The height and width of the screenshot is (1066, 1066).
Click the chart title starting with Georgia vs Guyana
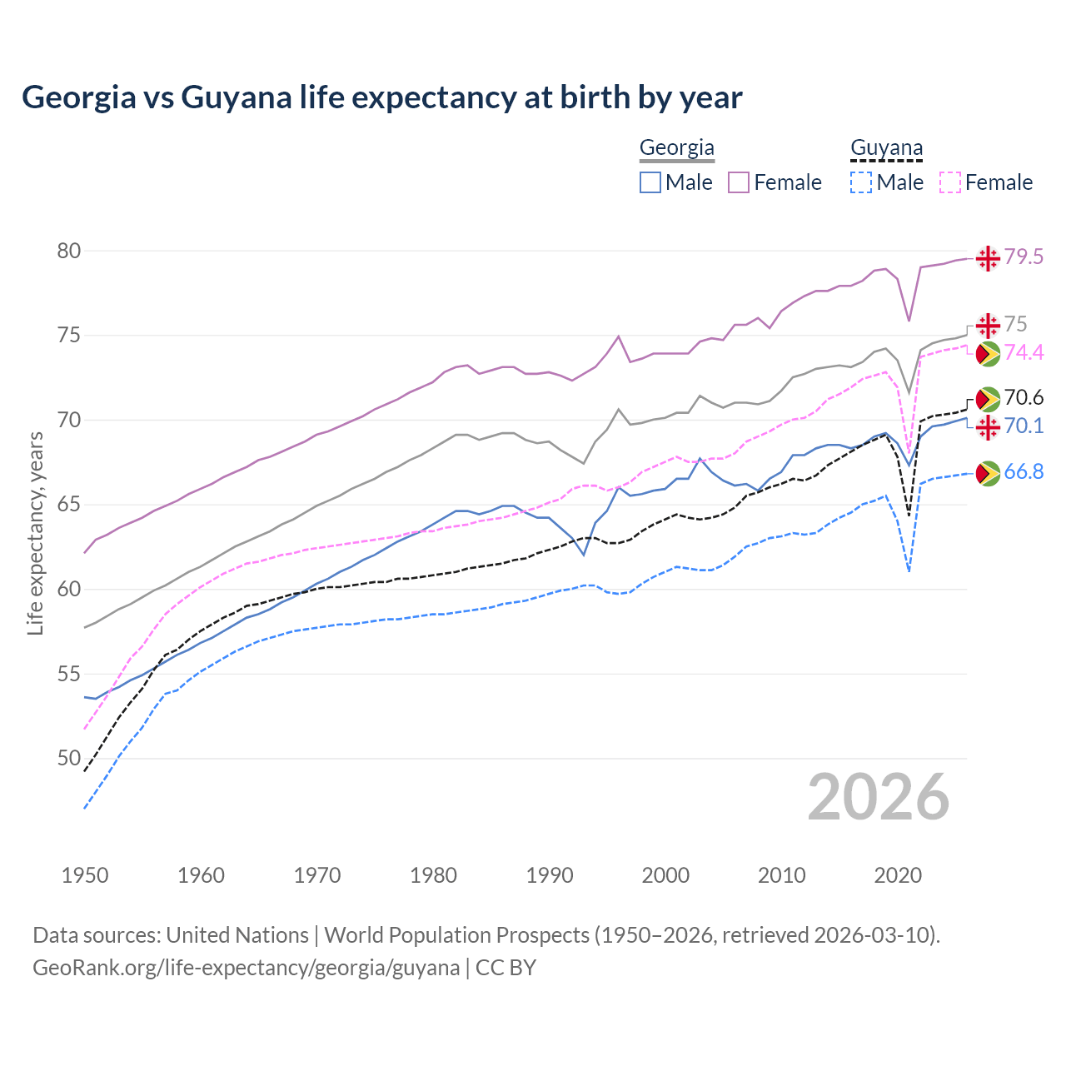click(x=381, y=97)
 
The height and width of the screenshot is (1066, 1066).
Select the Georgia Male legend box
click(x=650, y=182)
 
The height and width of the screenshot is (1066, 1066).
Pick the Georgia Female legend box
click(x=739, y=182)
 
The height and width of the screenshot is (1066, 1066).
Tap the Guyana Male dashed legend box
click(x=861, y=182)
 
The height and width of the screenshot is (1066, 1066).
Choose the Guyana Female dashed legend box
click(x=949, y=182)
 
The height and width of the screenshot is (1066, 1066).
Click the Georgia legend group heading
click(x=676, y=148)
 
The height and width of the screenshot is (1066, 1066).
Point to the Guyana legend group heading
click(x=886, y=148)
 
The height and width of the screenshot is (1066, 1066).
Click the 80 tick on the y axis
click(x=69, y=251)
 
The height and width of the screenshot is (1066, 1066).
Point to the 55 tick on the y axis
click(x=69, y=673)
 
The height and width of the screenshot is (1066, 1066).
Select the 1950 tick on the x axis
click(x=85, y=875)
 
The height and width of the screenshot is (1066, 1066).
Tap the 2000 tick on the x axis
click(x=665, y=875)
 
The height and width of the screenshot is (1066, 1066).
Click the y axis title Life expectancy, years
click(x=35, y=533)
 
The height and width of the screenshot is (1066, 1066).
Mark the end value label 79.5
click(x=1024, y=257)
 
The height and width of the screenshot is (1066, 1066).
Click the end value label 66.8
click(x=1024, y=472)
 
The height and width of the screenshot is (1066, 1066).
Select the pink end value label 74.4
click(x=1024, y=353)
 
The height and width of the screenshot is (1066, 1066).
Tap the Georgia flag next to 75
click(x=988, y=325)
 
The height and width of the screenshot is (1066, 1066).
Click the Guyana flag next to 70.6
click(x=988, y=399)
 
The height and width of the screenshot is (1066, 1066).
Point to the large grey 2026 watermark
click(x=878, y=797)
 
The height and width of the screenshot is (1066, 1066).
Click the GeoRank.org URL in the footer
click(x=246, y=968)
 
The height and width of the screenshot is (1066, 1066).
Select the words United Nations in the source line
click(x=237, y=935)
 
